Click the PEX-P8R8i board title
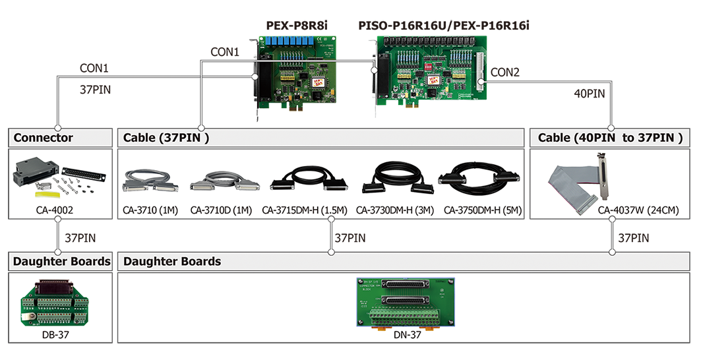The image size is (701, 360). click(297, 26)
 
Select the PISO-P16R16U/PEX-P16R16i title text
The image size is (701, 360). click(443, 26)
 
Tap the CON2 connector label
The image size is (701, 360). click(505, 73)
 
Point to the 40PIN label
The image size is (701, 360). click(589, 94)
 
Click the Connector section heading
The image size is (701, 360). click(44, 138)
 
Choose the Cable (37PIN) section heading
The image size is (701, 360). click(166, 138)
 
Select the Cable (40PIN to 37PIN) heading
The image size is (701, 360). click(609, 138)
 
